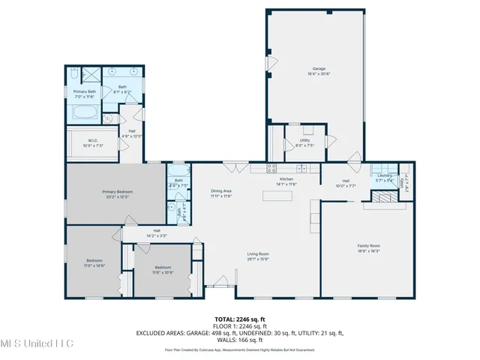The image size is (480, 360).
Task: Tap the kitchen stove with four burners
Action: pyautogui.click(x=272, y=168)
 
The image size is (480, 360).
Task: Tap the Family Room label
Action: pyautogui.click(x=368, y=248)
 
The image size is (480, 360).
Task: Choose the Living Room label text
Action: pyautogui.click(x=258, y=256)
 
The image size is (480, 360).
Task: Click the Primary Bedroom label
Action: pyautogui.click(x=118, y=194)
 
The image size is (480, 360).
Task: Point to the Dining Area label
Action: pyautogui.click(x=221, y=193)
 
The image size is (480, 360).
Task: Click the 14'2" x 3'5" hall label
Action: pyautogui.click(x=157, y=232)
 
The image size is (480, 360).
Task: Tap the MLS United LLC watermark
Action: pyautogui.click(x=36, y=343)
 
